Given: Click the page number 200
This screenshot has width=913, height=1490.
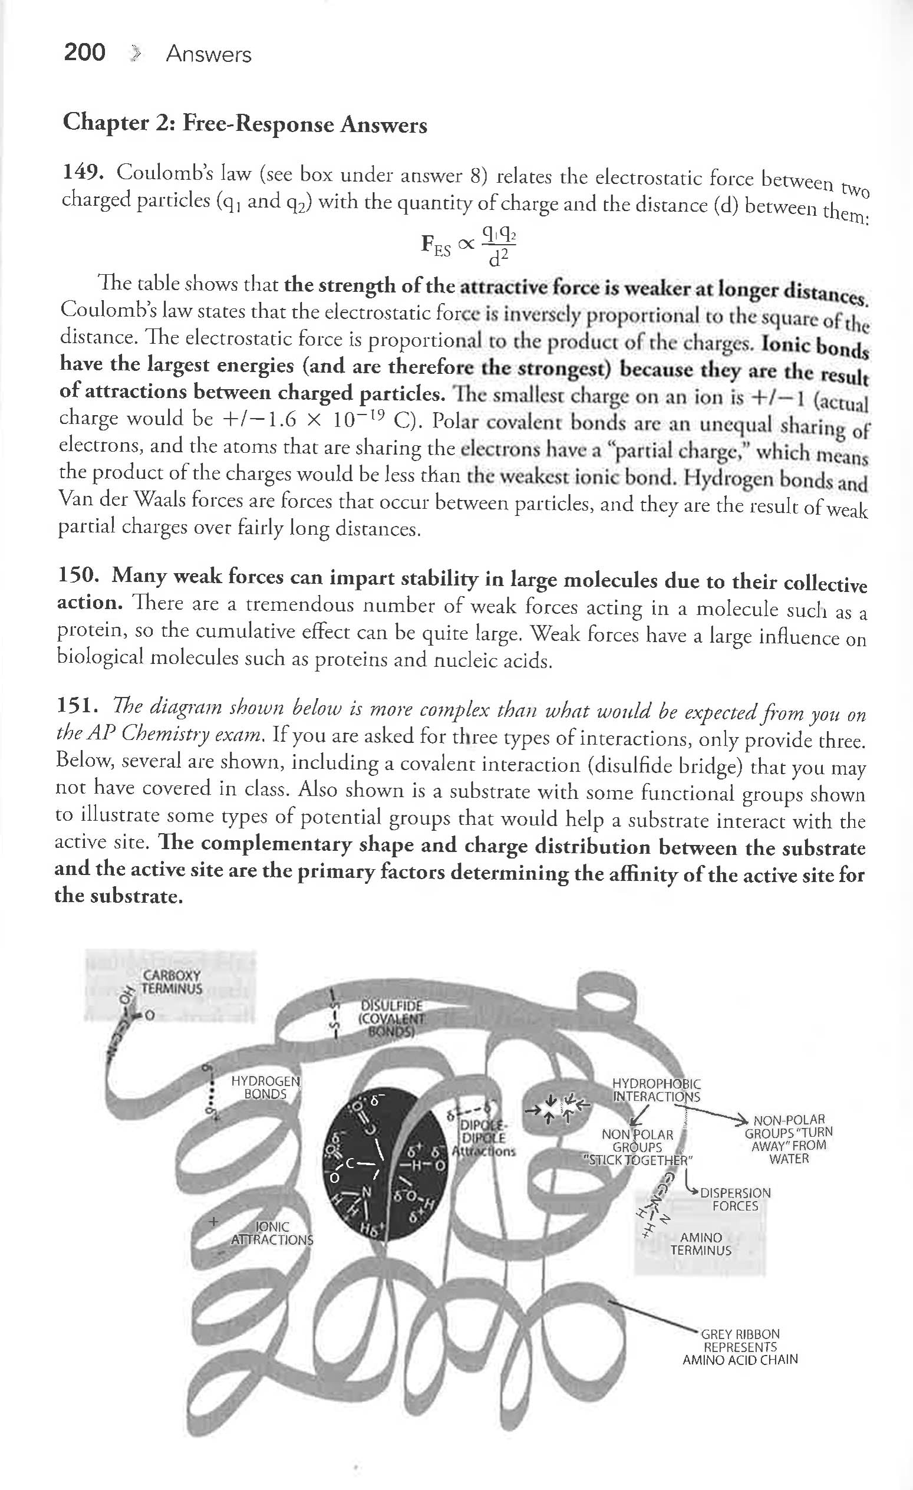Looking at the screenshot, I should tap(85, 52).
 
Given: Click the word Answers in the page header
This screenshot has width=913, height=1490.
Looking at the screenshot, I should tap(209, 54).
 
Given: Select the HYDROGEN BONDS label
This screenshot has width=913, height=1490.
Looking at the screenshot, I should tap(265, 1087).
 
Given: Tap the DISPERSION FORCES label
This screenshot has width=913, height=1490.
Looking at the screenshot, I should tap(734, 1199).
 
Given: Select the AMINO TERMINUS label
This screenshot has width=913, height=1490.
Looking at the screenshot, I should tap(701, 1244).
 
